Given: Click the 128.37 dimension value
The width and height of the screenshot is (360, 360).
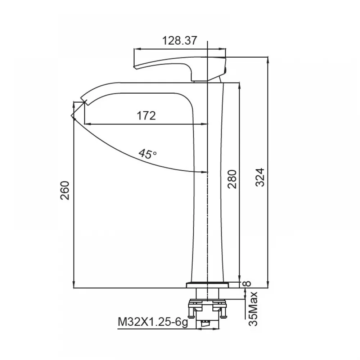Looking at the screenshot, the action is [180, 41].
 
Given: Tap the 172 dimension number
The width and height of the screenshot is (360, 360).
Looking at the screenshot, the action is [146, 116].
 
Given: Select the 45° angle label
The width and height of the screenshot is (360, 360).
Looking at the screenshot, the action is [147, 154].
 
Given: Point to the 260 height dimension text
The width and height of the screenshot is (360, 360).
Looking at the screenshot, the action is [65, 190].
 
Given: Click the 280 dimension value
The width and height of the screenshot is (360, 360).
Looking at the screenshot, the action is [232, 179].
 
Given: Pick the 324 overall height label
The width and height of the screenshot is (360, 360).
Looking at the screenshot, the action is [260, 177].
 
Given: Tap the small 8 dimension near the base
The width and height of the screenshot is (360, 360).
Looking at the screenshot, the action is [247, 284].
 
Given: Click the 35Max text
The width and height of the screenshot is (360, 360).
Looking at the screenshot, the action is [253, 309].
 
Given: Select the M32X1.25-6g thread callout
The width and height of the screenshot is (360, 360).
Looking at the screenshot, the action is [153, 322].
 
